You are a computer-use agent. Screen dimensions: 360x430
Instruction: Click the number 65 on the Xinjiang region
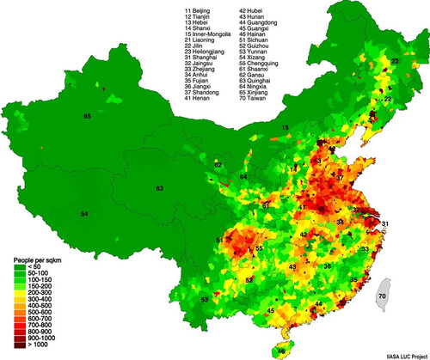point(87,116)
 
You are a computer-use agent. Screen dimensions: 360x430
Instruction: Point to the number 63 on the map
point(160,187)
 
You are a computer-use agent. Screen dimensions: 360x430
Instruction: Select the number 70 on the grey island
point(382,296)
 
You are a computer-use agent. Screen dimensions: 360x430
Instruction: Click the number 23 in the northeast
point(395,62)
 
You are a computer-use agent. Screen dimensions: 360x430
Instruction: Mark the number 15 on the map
point(285,127)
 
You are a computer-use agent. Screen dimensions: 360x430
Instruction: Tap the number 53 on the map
point(204,299)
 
